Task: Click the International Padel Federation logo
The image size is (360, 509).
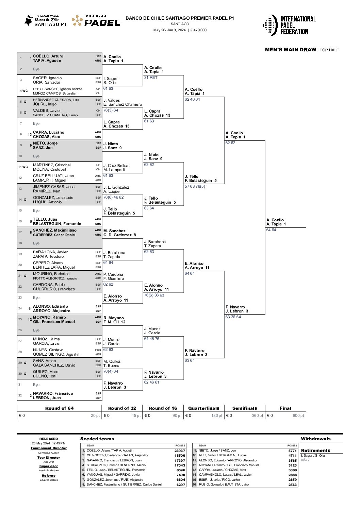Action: pos(289,25)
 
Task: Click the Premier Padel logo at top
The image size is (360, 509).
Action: pos(96,21)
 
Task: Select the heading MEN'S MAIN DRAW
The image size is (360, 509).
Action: pos(290,50)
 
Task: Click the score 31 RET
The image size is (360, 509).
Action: pos(150,78)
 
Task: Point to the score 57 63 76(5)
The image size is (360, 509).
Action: pos(195,186)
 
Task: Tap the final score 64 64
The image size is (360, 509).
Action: pos(271,230)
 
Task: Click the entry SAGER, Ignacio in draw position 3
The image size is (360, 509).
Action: pos(47,78)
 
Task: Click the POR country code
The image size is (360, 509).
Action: pos(98,350)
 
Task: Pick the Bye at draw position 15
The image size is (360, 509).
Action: pos(36,210)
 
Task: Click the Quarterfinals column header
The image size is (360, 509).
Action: pos(203,408)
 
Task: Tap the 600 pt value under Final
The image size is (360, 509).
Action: pos(298,415)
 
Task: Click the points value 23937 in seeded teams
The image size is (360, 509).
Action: pos(180,451)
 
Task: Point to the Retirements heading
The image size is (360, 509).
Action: pos(315,451)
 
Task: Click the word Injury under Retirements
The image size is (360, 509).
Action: pos(305,460)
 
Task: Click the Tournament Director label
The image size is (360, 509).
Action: pos(49,448)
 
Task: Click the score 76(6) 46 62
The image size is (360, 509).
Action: pos(114,197)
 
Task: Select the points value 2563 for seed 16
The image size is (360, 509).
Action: pos(292,485)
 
